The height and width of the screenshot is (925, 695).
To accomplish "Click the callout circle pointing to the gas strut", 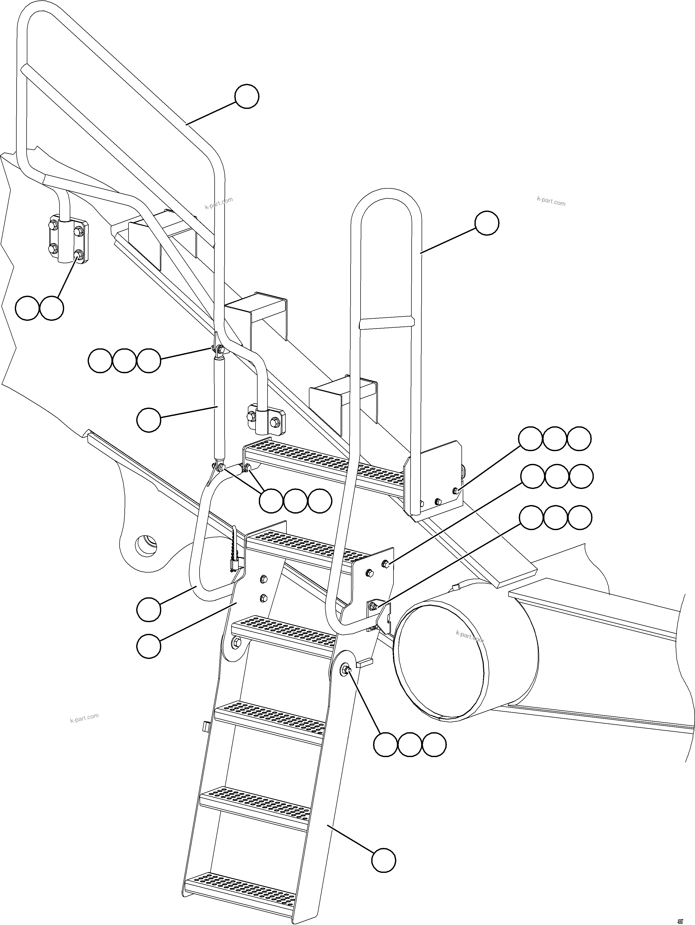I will [149, 420].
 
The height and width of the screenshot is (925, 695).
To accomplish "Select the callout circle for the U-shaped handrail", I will [487, 223].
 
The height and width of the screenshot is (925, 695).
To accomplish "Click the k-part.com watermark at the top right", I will [551, 202].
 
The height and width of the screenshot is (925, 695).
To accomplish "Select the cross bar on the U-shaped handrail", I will [387, 322].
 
